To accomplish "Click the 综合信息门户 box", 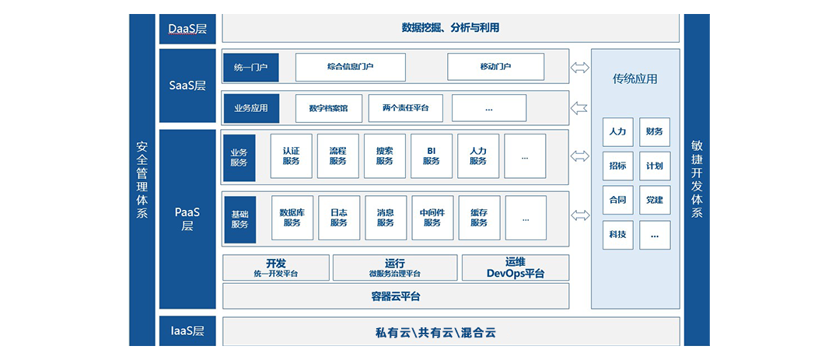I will point(350,67).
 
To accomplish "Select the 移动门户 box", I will point(495,67).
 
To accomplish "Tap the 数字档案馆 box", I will point(329,108).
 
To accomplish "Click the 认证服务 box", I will point(291,156).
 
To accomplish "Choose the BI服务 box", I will point(432,156).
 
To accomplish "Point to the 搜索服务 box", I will point(385,156).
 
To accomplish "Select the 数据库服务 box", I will point(292,217).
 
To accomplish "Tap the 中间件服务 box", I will point(432,217).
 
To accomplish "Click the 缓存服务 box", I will point(478,217).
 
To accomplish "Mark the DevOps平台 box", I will point(515,267).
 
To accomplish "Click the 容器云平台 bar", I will point(395,296).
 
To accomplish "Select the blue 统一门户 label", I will point(250,68).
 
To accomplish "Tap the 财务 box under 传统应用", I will point(655,132).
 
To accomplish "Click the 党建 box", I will point(655,200).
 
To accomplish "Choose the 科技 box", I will point(617,235).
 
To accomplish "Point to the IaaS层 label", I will point(187,331).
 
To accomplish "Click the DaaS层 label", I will point(187,29).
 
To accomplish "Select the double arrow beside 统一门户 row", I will point(580,68).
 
